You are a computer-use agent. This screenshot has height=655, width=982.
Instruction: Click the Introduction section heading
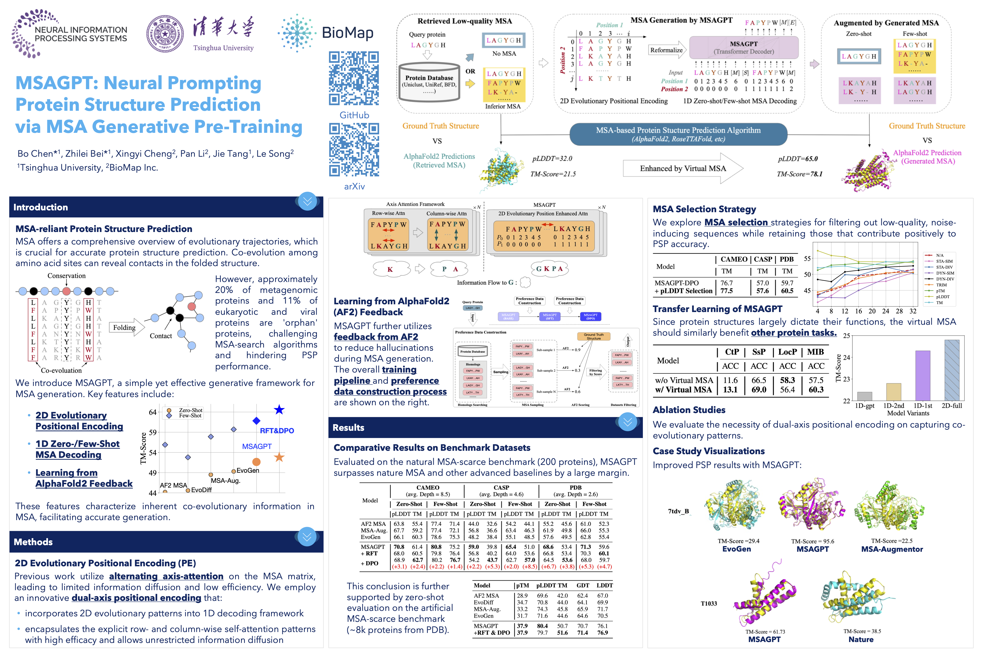pos(40,207)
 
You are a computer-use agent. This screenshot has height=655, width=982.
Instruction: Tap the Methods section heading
pos(33,542)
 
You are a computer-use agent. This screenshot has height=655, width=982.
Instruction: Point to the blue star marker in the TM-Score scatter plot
pos(279,410)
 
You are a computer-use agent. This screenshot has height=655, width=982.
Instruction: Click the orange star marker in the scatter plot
pos(279,457)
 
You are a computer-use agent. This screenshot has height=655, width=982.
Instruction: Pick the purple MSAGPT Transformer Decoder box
pos(744,48)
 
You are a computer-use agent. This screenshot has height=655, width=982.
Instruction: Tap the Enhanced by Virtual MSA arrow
pos(683,168)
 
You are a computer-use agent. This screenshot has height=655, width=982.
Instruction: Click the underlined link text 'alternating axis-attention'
pos(166,576)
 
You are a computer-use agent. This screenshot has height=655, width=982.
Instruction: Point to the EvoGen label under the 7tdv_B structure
pos(736,549)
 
